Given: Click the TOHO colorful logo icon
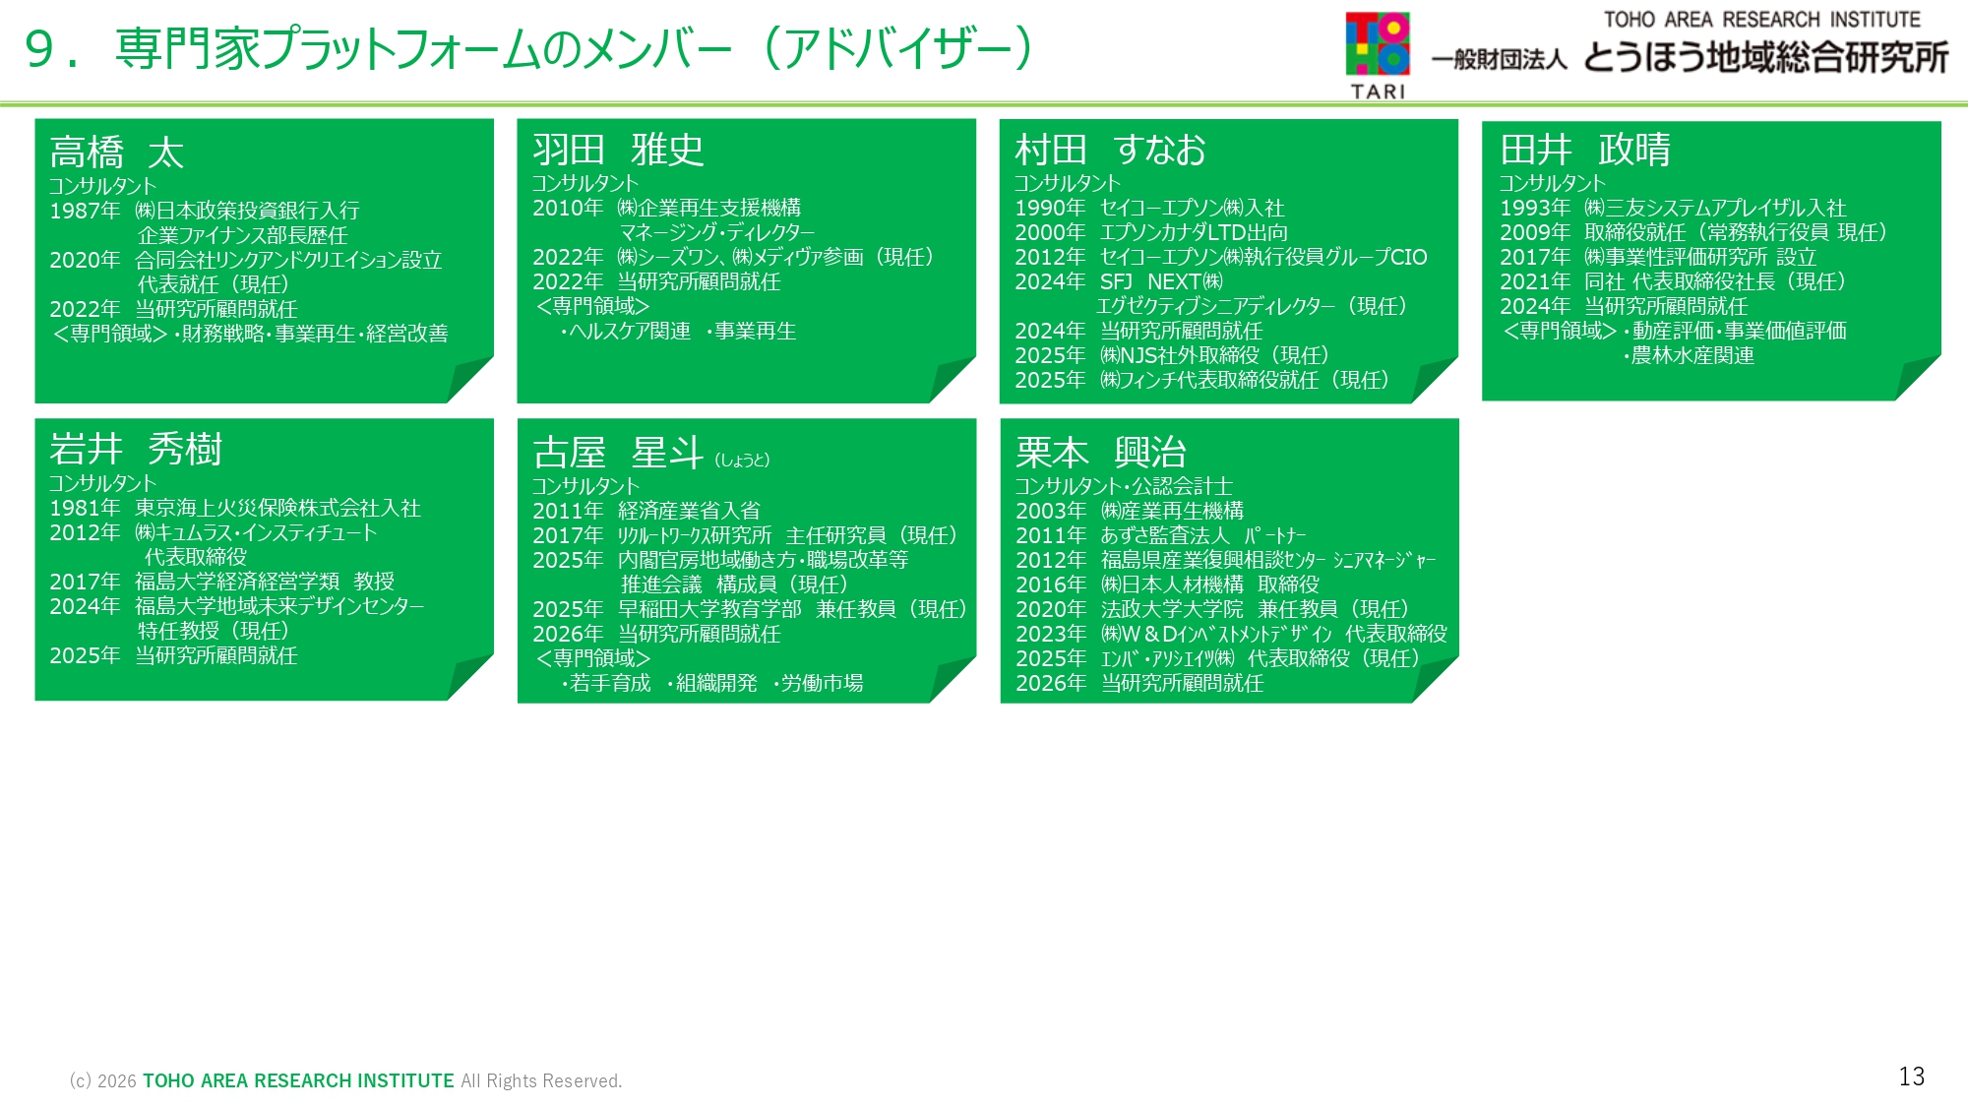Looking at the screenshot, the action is point(1378,44).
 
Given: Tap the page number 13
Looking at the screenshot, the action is point(1911,1076).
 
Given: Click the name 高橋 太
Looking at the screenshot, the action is point(117,153).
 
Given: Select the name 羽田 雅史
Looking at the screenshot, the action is point(618,150).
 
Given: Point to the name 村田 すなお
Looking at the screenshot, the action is point(1110,150).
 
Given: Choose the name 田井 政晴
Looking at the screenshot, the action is point(1584,150).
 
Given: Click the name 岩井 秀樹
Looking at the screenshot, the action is point(136,449).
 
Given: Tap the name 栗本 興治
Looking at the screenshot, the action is point(1101,453).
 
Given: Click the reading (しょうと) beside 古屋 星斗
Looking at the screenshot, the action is point(742,460).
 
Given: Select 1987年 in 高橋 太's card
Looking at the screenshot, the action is point(85,211).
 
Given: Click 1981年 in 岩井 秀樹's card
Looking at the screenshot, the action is point(85,508).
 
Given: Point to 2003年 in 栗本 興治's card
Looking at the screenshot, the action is point(1051,511).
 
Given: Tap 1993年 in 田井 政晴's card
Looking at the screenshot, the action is point(1535,208).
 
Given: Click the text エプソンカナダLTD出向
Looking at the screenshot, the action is point(1194,232).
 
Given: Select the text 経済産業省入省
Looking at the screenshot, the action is point(689,511).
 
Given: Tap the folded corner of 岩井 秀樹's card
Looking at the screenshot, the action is point(470,678).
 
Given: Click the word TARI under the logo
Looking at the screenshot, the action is point(1378,92).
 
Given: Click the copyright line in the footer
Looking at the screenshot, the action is point(345,1080).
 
